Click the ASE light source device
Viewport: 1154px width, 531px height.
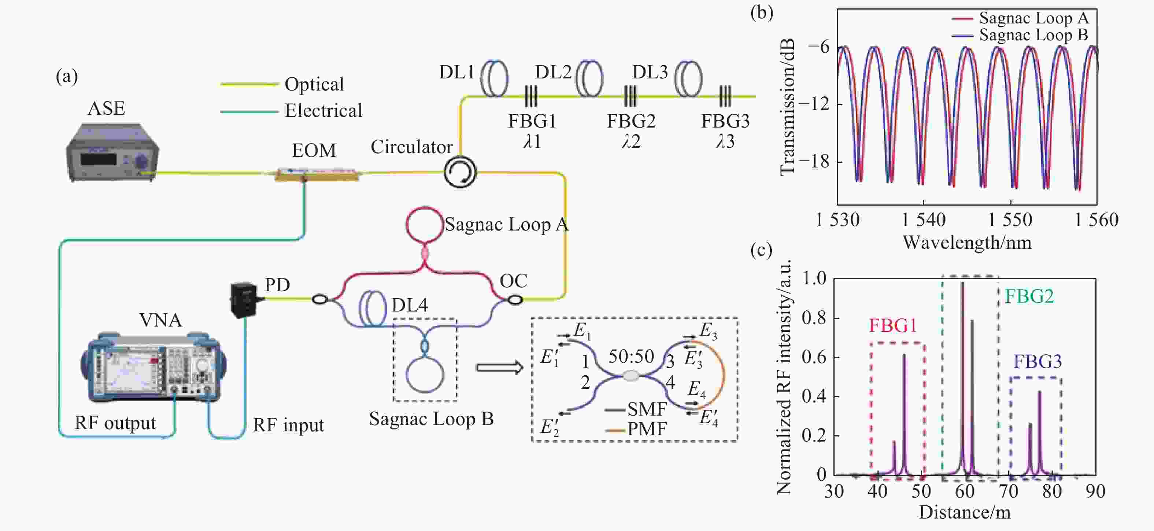(112, 152)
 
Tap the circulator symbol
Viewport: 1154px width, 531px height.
(460, 172)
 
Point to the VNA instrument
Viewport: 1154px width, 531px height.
(153, 366)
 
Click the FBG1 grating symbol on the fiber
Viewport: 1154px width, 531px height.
(531, 96)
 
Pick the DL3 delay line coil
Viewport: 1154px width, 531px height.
(688, 79)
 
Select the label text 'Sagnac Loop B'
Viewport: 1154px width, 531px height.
(431, 418)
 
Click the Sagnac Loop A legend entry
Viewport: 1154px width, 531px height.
(1020, 18)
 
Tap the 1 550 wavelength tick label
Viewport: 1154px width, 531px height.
(1010, 220)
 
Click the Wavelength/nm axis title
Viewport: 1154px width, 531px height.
(967, 243)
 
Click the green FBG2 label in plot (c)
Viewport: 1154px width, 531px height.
(1029, 296)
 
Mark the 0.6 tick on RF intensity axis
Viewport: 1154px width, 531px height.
(814, 357)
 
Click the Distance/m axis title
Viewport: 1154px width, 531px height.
(965, 512)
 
